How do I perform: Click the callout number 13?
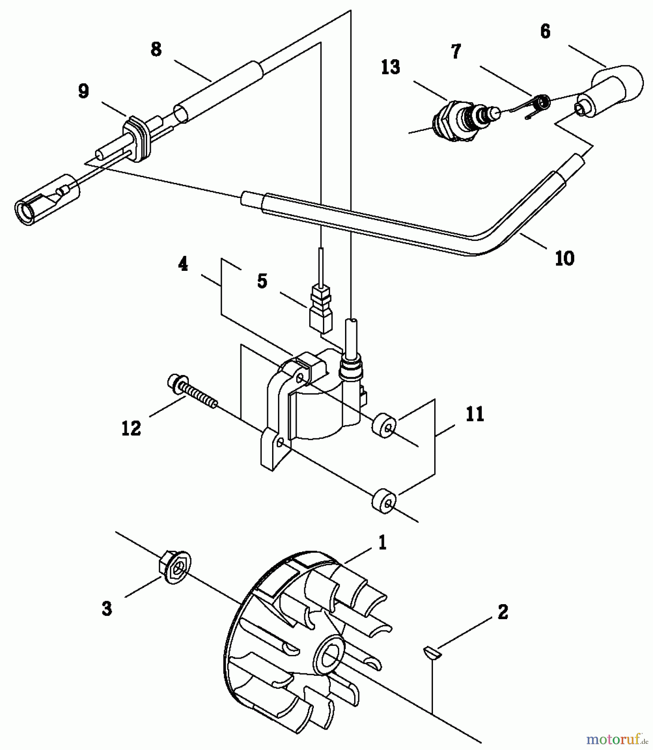coord(390,67)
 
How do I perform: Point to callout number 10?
coord(565,258)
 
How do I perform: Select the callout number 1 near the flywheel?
coord(382,543)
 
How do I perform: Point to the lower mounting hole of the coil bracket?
coord(280,441)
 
